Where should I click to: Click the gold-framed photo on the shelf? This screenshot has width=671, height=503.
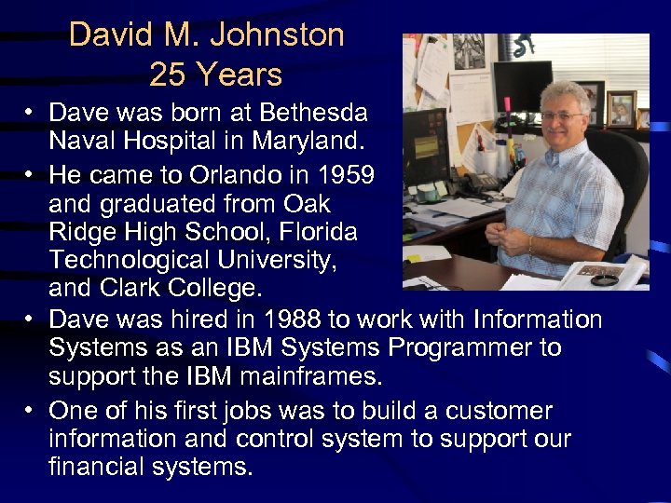(620, 109)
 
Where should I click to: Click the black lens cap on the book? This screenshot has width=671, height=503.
(606, 279)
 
